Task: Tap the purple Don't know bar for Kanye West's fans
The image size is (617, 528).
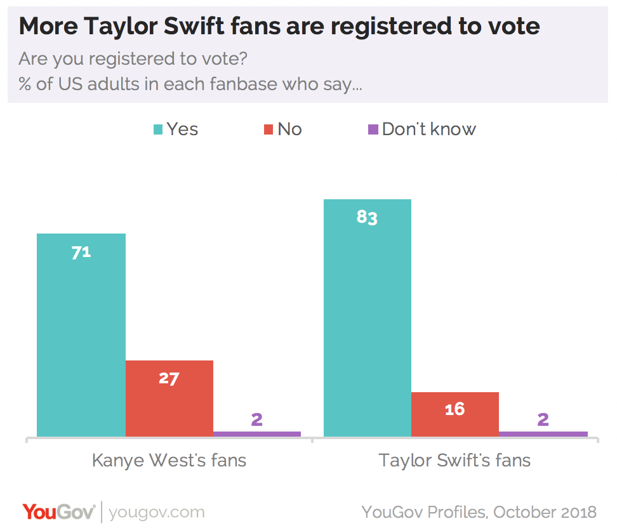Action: (257, 434)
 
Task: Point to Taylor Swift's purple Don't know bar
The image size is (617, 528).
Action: (543, 434)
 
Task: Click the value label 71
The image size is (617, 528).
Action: (81, 252)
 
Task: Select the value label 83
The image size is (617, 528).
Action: (367, 218)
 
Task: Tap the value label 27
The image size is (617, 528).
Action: (169, 379)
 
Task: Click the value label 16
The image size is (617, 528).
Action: (454, 409)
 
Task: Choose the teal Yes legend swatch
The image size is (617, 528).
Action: (158, 130)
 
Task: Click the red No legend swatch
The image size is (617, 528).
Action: (269, 130)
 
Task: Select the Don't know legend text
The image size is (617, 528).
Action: (429, 129)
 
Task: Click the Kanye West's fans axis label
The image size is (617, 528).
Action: (169, 459)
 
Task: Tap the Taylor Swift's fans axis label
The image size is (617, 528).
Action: (454, 459)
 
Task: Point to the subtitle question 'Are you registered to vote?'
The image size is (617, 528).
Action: (133, 59)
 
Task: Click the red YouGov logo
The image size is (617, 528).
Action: (58, 511)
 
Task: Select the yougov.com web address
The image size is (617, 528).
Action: (157, 512)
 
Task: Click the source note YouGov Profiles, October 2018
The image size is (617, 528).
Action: (479, 511)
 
